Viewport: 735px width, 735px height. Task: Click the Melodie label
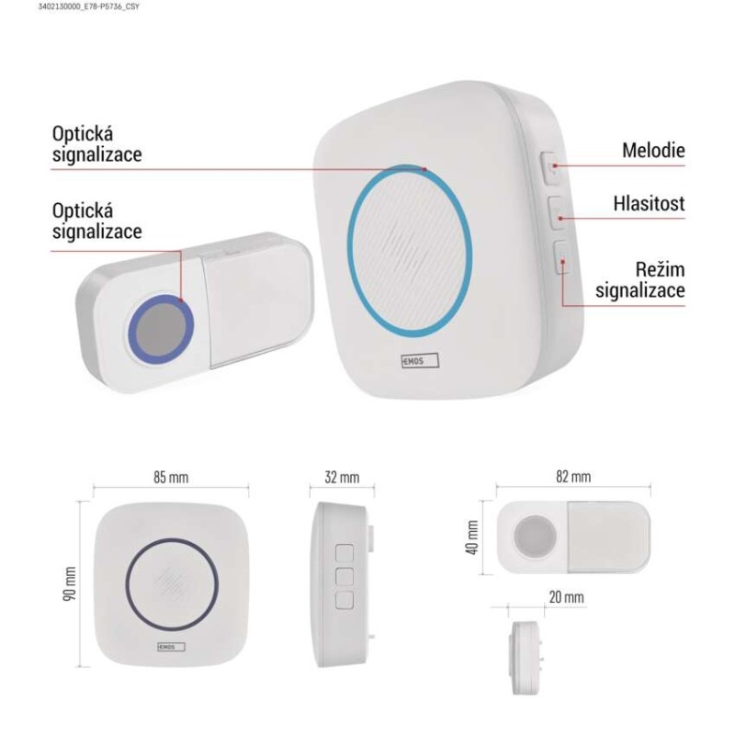click(x=653, y=151)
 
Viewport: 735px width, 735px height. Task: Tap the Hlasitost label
click(x=649, y=203)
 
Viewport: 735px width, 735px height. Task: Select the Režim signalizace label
click(x=639, y=280)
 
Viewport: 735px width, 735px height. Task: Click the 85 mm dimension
click(x=171, y=477)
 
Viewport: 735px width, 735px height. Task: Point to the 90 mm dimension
click(x=70, y=583)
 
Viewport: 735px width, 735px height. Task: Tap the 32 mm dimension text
click(x=342, y=477)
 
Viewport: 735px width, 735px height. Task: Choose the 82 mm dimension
click(x=573, y=476)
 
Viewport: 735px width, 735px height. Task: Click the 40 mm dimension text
click(x=472, y=537)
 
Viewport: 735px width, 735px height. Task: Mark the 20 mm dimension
click(x=567, y=596)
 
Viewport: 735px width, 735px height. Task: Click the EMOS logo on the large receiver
click(x=420, y=360)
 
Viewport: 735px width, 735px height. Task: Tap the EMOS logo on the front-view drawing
click(x=171, y=647)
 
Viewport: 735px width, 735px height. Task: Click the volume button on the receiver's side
click(x=557, y=213)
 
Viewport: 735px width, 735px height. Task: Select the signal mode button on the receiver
click(x=561, y=257)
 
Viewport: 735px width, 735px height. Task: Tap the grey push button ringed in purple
click(x=162, y=328)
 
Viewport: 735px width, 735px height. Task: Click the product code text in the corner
click(x=88, y=6)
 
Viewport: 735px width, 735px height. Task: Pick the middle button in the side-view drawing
click(x=345, y=577)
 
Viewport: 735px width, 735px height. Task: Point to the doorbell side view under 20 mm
click(x=526, y=658)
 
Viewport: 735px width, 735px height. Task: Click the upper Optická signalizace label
click(x=96, y=144)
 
